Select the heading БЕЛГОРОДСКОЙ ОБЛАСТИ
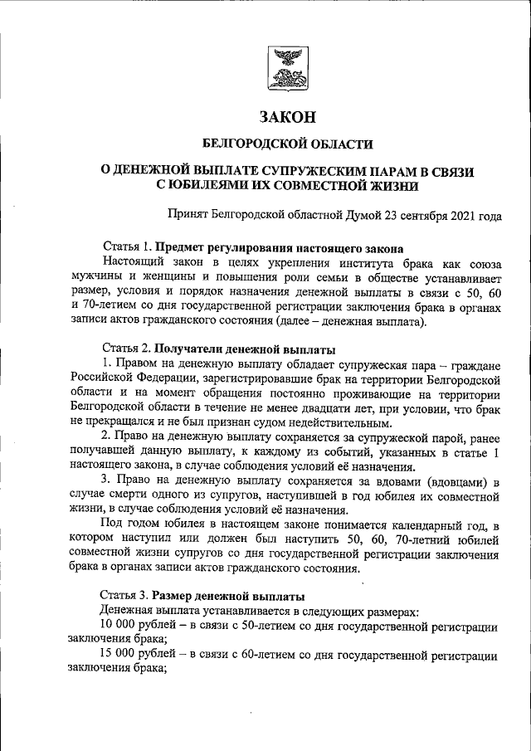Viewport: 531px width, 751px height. click(287, 144)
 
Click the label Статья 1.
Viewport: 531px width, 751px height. click(126, 248)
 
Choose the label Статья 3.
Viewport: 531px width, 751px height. click(126, 597)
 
